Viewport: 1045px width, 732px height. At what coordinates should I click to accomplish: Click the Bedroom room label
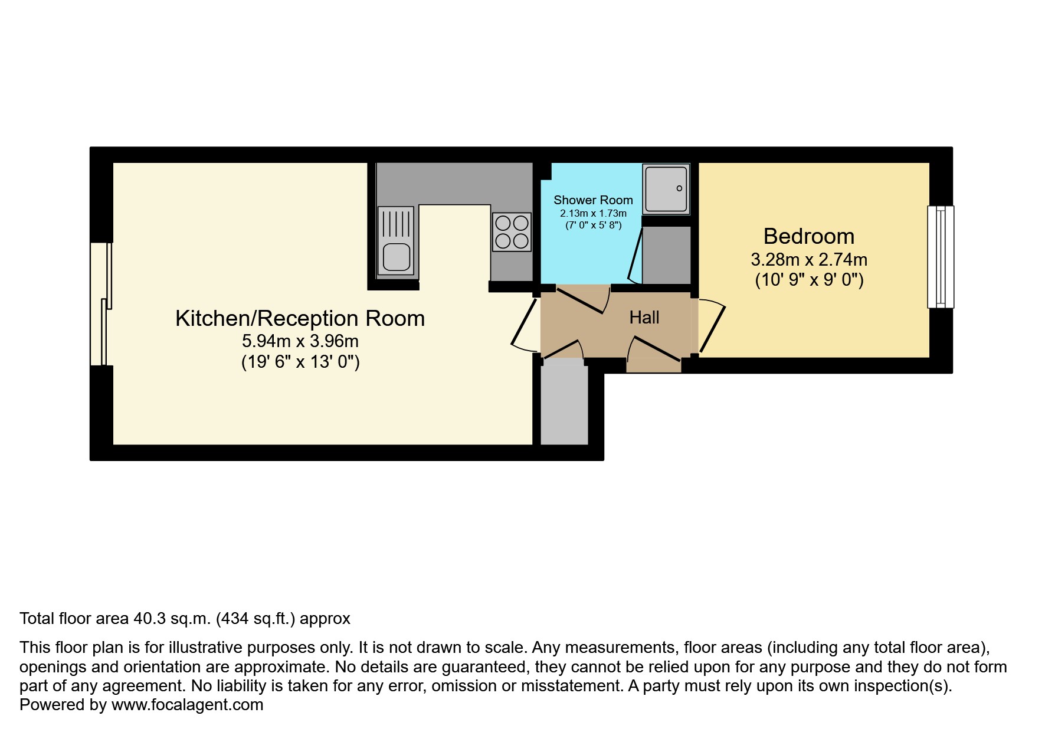pyautogui.click(x=808, y=236)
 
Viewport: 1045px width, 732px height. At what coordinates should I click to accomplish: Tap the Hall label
pyautogui.click(x=644, y=318)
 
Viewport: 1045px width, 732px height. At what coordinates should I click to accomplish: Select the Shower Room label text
pyautogui.click(x=593, y=200)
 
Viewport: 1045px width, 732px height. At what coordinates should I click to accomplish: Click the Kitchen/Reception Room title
pyautogui.click(x=300, y=318)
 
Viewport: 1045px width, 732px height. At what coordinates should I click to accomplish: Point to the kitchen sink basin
pyautogui.click(x=397, y=257)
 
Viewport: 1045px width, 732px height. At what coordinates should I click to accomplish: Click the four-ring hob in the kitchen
pyautogui.click(x=512, y=232)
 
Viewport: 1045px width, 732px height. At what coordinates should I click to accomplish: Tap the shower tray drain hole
pyautogui.click(x=679, y=188)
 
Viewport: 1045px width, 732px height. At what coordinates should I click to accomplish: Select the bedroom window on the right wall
pyautogui.click(x=941, y=257)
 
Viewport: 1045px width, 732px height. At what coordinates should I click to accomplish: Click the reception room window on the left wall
pyautogui.click(x=101, y=304)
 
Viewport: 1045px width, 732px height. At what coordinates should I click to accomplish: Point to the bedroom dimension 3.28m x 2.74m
pyautogui.click(x=808, y=259)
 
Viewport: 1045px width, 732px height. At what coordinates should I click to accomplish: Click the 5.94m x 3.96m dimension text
pyautogui.click(x=300, y=341)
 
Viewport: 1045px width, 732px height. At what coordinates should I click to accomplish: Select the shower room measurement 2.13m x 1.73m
pyautogui.click(x=593, y=213)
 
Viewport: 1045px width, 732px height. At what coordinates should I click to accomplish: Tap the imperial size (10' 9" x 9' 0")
pyautogui.click(x=809, y=279)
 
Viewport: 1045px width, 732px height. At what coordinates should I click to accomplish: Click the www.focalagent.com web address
pyautogui.click(x=187, y=705)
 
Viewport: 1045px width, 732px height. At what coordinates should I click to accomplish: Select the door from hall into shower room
pyautogui.click(x=583, y=299)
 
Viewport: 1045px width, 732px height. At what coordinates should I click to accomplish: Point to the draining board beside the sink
pyautogui.click(x=397, y=223)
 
